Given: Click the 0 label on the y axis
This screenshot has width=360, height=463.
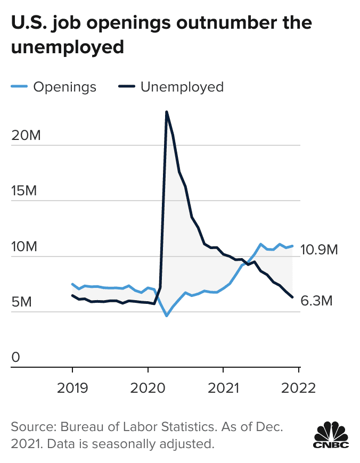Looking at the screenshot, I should coord(16,358).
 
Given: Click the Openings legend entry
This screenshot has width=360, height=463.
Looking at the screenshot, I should coord(64,87).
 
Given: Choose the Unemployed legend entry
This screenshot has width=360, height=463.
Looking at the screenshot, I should coord(182,87).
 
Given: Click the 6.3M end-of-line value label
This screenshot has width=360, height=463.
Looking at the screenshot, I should coord(316,301).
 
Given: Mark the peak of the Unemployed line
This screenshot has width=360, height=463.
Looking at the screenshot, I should coord(167,112).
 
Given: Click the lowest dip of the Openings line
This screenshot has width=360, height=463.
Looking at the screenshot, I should coord(167,316).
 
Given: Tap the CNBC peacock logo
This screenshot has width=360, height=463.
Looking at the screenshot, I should coord(331,434).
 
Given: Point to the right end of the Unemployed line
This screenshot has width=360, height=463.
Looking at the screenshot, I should coord(292,297).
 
